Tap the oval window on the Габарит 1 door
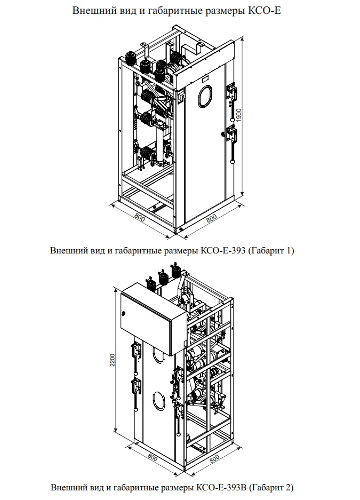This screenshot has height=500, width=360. coord(205,96)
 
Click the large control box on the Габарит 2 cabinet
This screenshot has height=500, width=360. coord(154,319)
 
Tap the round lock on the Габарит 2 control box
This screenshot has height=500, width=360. coord(124,313)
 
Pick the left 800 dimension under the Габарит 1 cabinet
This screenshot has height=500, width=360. coord(139,218)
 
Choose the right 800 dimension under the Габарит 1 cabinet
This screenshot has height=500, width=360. coord(212,218)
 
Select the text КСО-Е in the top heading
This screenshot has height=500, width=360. coord(265,11)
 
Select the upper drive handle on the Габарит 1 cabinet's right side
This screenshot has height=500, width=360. coord(232,92)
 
